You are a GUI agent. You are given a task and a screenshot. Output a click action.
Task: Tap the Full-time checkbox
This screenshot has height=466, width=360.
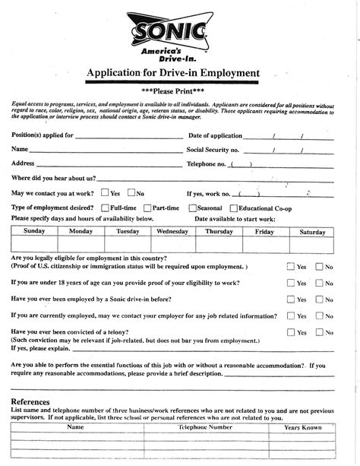(104, 208)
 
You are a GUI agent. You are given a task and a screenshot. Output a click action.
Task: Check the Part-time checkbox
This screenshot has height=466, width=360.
(146, 208)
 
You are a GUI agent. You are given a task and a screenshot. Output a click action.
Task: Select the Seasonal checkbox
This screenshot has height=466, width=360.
(193, 208)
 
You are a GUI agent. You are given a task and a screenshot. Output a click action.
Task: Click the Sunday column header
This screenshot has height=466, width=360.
(34, 231)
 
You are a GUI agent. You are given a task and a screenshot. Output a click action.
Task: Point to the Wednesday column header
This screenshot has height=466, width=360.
(172, 231)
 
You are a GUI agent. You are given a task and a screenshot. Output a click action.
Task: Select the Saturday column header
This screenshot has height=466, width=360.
(312, 231)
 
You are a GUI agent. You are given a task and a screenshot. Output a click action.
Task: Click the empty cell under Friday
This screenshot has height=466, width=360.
(265, 244)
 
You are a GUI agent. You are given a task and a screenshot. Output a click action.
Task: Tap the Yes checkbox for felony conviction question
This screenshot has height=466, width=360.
(291, 332)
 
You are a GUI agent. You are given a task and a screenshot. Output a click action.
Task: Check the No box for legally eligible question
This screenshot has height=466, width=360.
(320, 267)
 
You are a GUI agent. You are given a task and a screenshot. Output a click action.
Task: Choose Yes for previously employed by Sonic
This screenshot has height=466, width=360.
(291, 300)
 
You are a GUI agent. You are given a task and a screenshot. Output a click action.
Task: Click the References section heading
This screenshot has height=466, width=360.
(30, 401)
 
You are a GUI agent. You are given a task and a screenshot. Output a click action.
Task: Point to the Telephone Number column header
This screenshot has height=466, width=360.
(205, 427)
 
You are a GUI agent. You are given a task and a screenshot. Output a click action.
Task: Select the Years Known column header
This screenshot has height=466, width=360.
(303, 427)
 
